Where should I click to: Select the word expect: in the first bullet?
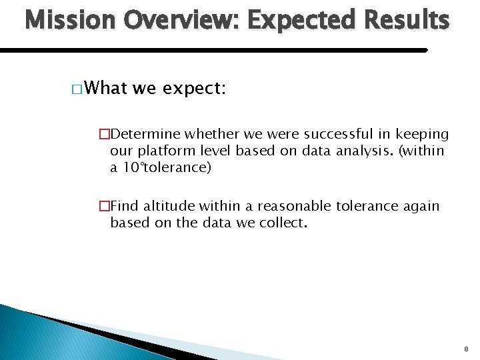click(194, 88)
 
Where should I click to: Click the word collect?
click(282, 223)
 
